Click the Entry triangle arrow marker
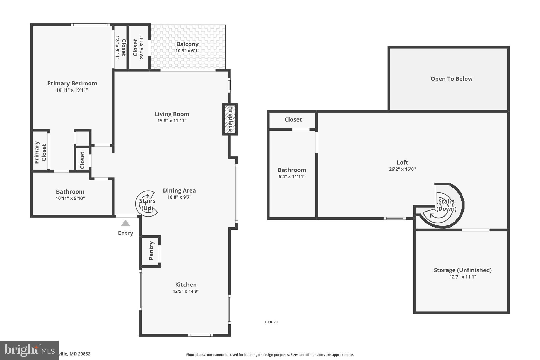[x=126, y=223]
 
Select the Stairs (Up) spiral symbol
[x=147, y=204]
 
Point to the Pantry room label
[x=151, y=251]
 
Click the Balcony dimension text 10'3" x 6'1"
[x=187, y=51]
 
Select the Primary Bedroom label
[x=72, y=83]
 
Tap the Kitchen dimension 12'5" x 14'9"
[x=186, y=291]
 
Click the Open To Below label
[x=451, y=79]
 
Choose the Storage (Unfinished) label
[x=463, y=270]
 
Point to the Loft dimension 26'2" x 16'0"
[x=402, y=169]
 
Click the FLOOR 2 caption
[x=271, y=322]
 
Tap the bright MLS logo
[x=29, y=350]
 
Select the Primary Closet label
[x=40, y=152]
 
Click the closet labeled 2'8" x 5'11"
[x=138, y=47]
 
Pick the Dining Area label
[x=179, y=190]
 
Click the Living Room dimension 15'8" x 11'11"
[x=172, y=121]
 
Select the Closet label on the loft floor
[x=293, y=119]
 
